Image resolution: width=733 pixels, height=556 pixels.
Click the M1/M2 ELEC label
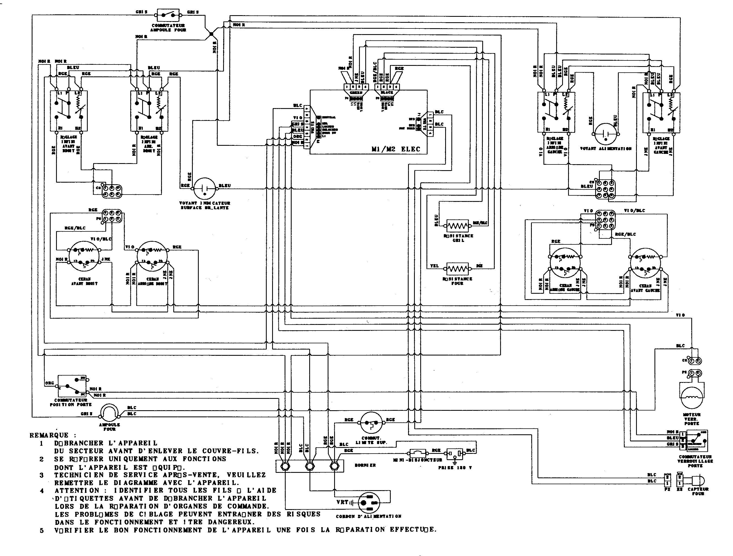(x=396, y=149)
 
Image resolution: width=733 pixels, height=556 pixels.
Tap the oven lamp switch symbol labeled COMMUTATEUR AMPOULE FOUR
(x=169, y=15)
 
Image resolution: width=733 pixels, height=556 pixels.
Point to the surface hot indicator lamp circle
(x=204, y=188)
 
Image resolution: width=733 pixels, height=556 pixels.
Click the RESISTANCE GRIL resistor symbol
(x=458, y=227)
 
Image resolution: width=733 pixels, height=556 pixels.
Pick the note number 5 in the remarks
(x=41, y=531)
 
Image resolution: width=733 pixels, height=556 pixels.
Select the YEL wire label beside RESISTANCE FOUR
(x=434, y=266)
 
